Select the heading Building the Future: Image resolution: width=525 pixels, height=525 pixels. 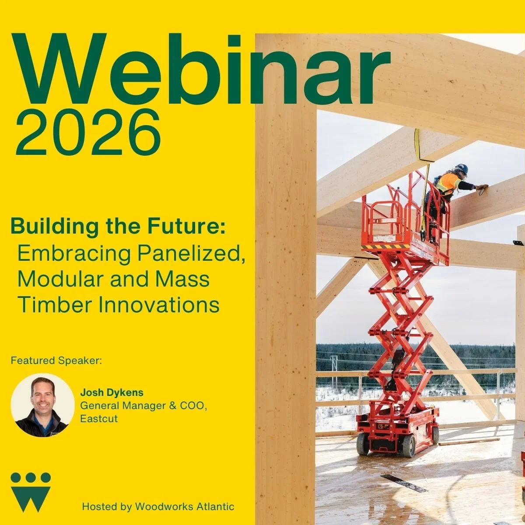click(118, 227)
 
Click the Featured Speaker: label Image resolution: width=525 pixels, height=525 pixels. click(56, 361)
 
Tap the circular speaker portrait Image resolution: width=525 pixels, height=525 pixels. click(42, 405)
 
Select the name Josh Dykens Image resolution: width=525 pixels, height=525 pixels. click(112, 392)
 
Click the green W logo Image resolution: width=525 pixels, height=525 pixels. click(31, 492)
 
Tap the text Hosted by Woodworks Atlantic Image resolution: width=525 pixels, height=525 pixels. click(158, 507)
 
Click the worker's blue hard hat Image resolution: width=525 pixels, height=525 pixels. click(462, 168)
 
